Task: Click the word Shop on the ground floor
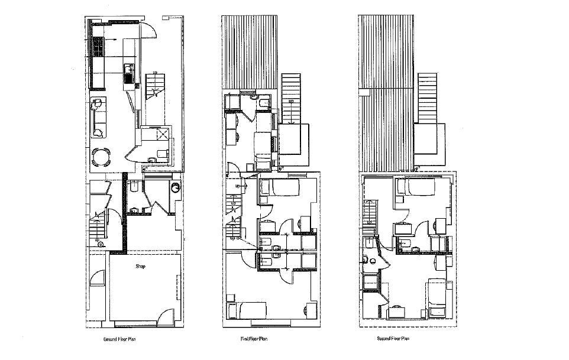[140, 267]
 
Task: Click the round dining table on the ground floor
[102, 156]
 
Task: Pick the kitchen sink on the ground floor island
[128, 73]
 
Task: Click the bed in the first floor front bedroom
[248, 310]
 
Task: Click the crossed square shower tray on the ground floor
[162, 135]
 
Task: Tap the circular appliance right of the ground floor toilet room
[175, 187]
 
